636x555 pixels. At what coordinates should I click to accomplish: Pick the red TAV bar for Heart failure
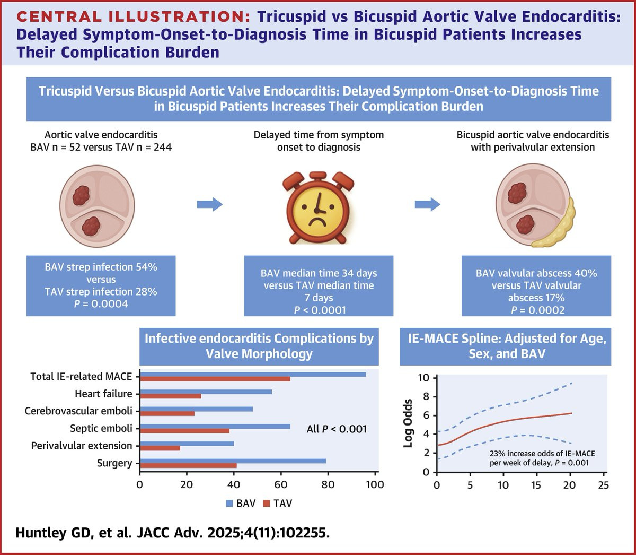(x=171, y=396)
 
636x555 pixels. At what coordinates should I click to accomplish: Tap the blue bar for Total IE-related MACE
(x=253, y=374)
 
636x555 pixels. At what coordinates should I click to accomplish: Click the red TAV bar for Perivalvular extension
(x=160, y=448)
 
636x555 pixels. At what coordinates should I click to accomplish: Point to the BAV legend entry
(x=241, y=503)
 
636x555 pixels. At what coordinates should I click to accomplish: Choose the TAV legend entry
(x=278, y=503)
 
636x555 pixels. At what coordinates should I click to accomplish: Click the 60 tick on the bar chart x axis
(x=281, y=484)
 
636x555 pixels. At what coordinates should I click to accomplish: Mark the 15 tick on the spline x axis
(x=536, y=484)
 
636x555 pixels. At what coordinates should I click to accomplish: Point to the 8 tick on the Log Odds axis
(x=426, y=396)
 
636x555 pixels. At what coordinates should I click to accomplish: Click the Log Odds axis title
(x=408, y=423)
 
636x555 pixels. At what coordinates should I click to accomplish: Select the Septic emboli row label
(x=101, y=428)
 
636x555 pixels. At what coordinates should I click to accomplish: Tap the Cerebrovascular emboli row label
(x=78, y=411)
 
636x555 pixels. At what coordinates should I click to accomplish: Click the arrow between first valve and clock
(x=209, y=204)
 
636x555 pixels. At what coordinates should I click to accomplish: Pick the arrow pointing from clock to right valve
(x=427, y=204)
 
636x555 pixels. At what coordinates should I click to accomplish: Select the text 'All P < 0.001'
(x=337, y=429)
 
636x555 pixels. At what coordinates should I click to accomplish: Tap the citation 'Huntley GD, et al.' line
(x=173, y=533)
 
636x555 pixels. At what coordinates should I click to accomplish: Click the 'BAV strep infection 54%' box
(x=101, y=285)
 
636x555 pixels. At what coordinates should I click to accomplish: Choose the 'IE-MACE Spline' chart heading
(x=507, y=345)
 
